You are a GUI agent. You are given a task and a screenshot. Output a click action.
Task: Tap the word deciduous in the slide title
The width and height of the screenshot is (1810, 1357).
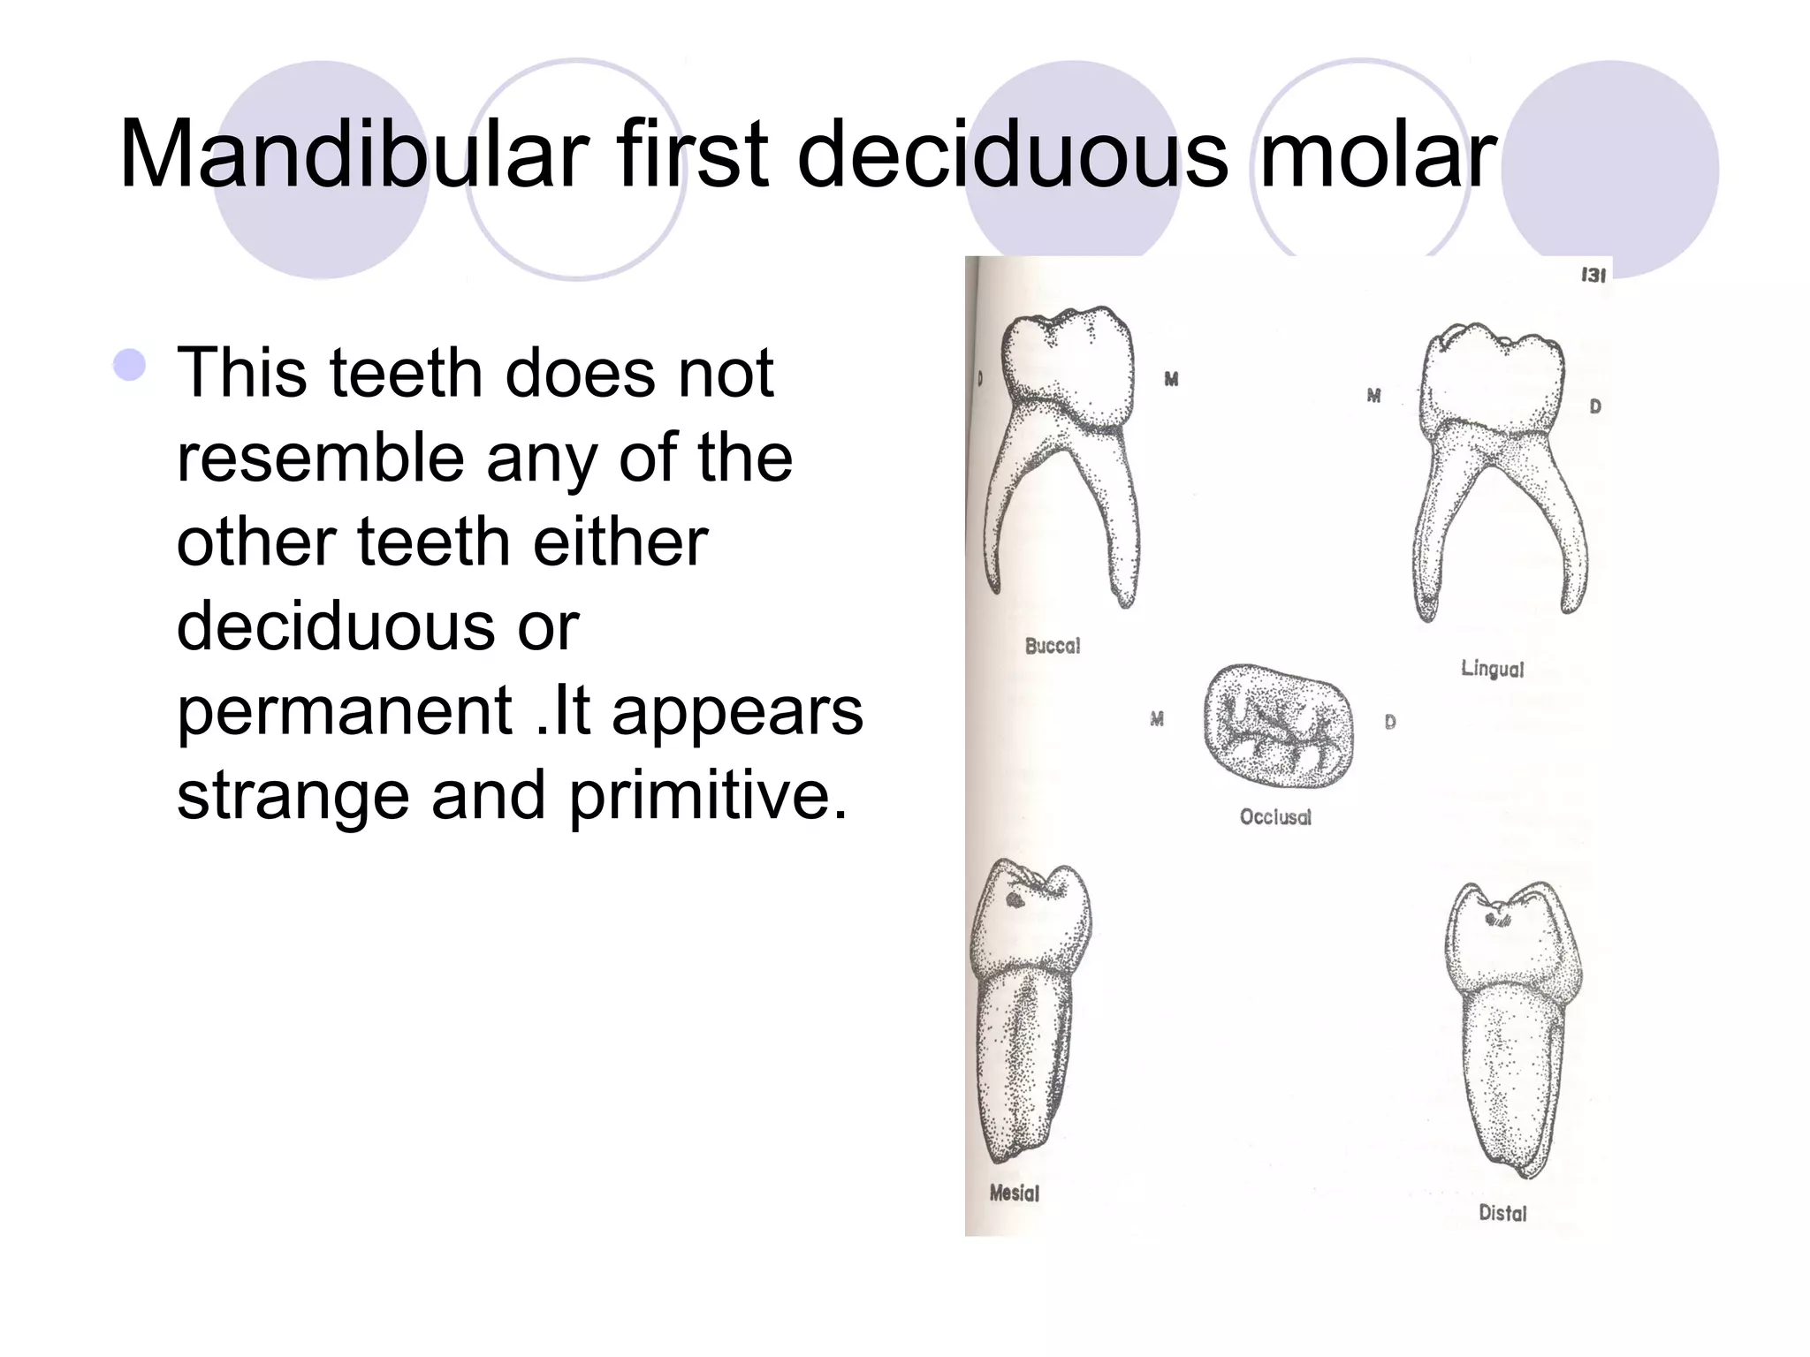pyautogui.click(x=1012, y=155)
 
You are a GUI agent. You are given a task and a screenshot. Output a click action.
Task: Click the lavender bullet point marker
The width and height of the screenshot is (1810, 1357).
pyautogui.click(x=130, y=365)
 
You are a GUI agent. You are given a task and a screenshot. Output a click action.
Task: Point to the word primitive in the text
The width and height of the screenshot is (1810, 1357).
pyautogui.click(x=707, y=796)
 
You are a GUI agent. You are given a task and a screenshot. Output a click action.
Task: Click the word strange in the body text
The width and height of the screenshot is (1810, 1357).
pyautogui.click(x=293, y=796)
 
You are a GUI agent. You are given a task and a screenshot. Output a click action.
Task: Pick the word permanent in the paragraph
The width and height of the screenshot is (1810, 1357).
pyautogui.click(x=345, y=712)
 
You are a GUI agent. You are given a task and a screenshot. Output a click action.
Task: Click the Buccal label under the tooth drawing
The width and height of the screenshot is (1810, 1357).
pyautogui.click(x=1052, y=646)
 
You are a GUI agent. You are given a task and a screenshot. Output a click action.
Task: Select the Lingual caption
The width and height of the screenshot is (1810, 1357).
pyautogui.click(x=1492, y=669)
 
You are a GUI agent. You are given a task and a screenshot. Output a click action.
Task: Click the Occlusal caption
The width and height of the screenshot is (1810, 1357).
pyautogui.click(x=1274, y=817)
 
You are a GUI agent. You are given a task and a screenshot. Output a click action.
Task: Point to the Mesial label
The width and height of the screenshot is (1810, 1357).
pyautogui.click(x=1014, y=1194)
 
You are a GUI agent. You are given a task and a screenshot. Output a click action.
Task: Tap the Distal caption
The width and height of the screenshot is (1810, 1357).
pyautogui.click(x=1502, y=1214)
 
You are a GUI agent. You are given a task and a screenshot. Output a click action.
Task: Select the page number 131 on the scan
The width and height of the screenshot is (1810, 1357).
pyautogui.click(x=1592, y=276)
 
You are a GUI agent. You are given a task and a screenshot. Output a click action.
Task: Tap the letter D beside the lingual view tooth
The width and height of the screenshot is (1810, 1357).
pyautogui.click(x=1595, y=406)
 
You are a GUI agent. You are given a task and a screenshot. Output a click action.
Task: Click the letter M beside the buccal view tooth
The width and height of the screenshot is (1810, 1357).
pyautogui.click(x=1171, y=379)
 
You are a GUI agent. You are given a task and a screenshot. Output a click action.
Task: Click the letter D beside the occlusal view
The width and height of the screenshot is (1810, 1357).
pyautogui.click(x=1390, y=722)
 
